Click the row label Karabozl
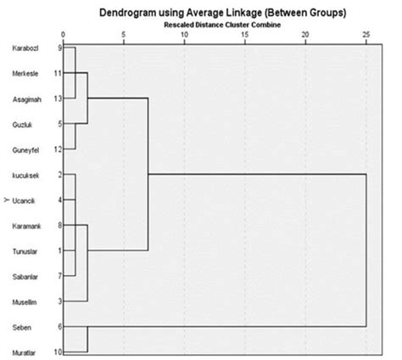pyautogui.click(x=25, y=48)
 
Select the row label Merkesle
pyautogui.click(x=25, y=74)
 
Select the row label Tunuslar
pyautogui.click(x=25, y=250)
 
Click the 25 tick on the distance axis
pyautogui.click(x=366, y=34)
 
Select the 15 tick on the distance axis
pyautogui.click(x=245, y=34)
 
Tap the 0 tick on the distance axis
pyautogui.click(x=65, y=34)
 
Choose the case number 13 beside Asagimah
pyautogui.click(x=58, y=98)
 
